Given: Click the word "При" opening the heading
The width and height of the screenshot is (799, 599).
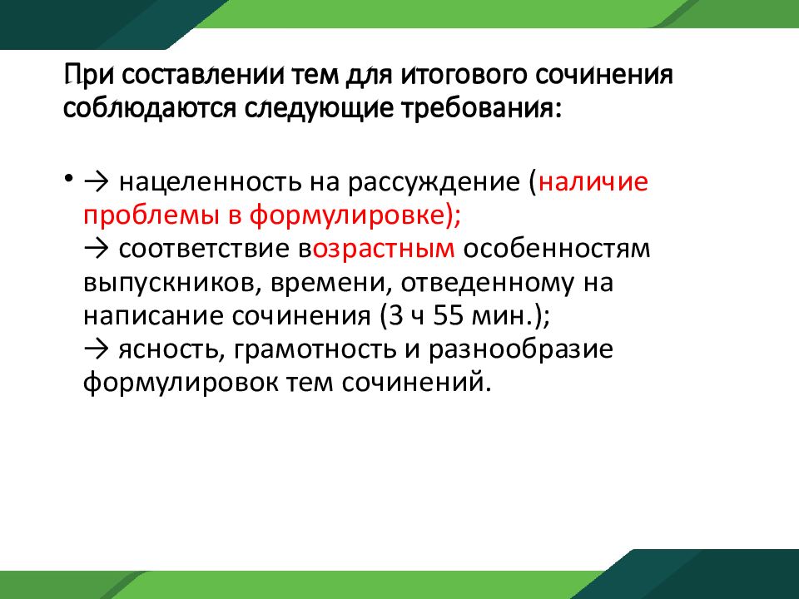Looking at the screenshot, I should [87, 77].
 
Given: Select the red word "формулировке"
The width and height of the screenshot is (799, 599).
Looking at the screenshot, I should [349, 216].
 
